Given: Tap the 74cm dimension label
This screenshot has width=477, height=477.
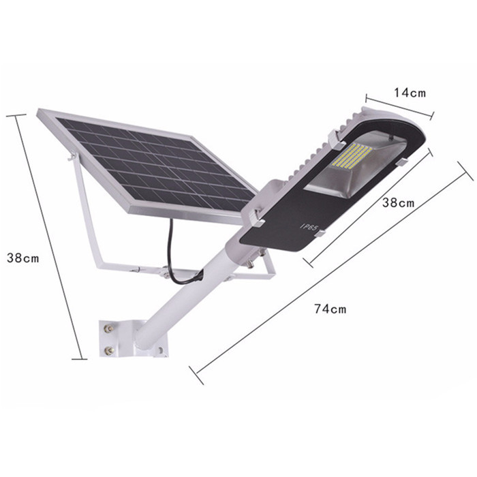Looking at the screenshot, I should click(330, 309).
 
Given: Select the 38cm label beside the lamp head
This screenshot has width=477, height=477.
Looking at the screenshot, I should click(399, 203).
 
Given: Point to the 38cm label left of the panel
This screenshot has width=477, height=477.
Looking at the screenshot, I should click(22, 258).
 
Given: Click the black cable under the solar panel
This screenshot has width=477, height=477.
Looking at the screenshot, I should click(174, 256).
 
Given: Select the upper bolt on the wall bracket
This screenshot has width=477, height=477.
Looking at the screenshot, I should click(108, 328).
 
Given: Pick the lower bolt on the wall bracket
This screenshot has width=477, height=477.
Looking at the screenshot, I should click(108, 351).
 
